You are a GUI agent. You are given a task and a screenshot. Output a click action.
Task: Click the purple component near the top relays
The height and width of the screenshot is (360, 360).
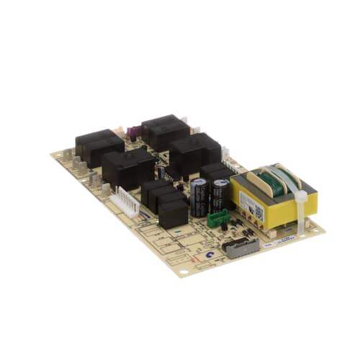click(132, 132)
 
